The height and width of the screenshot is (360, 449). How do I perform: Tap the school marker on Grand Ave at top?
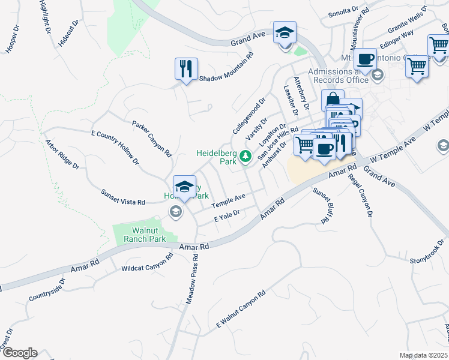pos(285,32)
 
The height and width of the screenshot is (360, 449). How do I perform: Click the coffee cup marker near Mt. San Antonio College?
pos(365,59)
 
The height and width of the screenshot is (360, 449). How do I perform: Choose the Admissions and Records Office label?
pos(338,76)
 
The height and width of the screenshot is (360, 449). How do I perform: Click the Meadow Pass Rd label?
pos(191,280)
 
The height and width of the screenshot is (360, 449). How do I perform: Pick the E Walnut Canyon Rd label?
pos(241,310)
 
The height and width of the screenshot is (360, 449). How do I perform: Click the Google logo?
pos(20,353)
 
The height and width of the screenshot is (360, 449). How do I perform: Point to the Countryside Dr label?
pos(46,289)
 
